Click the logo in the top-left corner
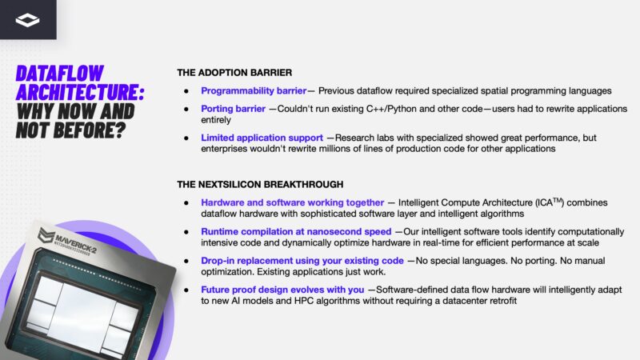[27, 19]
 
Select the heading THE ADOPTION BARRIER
[234, 73]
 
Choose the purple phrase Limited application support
[262, 138]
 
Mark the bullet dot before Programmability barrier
[186, 91]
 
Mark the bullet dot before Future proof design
[186, 290]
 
